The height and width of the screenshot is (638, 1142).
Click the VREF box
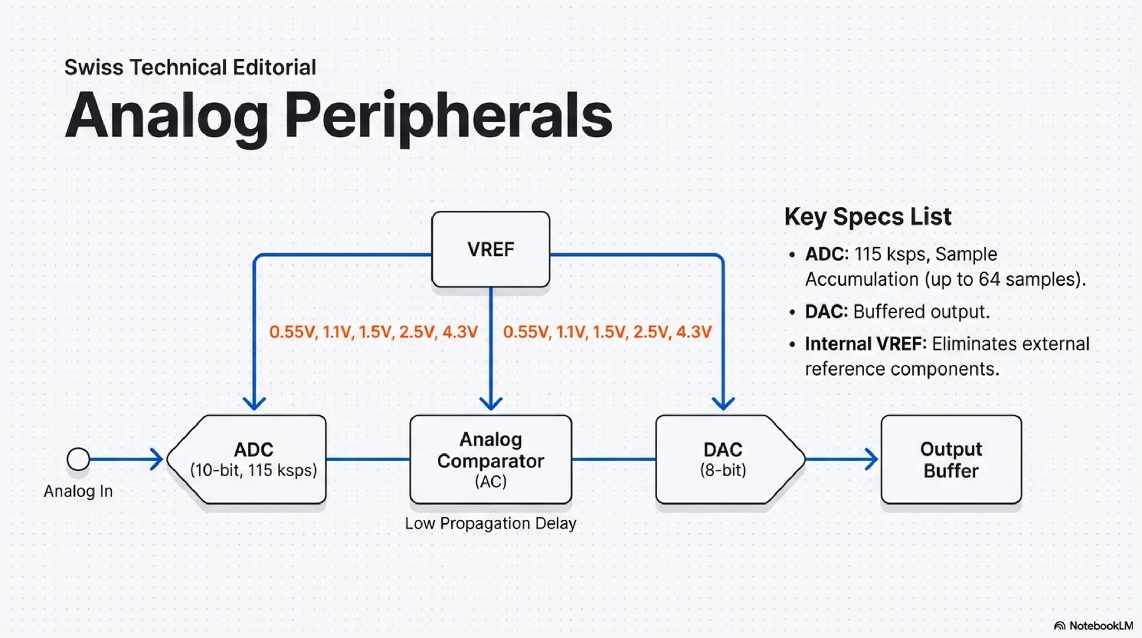(x=490, y=249)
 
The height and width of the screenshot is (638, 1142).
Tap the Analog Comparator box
(x=490, y=460)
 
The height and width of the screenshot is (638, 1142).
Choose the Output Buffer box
(x=951, y=460)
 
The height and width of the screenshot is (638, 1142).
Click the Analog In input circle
(x=78, y=459)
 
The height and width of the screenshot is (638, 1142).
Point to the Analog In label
(x=78, y=491)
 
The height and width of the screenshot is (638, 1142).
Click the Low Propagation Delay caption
(x=490, y=524)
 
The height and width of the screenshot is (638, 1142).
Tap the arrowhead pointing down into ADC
(x=254, y=403)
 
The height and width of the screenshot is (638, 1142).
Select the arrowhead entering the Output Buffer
(x=872, y=459)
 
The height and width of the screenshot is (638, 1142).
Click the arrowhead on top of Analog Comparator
(x=490, y=403)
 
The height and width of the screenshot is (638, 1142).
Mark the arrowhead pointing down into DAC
(x=723, y=403)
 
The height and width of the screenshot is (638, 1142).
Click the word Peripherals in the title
(x=448, y=116)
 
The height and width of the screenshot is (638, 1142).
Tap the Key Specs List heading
(x=867, y=217)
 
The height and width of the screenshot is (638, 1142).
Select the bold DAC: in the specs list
(x=826, y=312)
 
